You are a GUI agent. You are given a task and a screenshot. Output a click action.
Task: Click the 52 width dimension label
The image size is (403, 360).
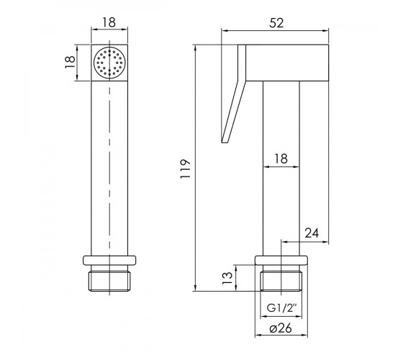[x=276, y=23]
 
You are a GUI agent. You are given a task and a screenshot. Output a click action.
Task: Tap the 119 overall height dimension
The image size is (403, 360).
[x=186, y=169]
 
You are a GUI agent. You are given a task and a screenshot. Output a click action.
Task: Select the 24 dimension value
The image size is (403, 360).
[x=312, y=233]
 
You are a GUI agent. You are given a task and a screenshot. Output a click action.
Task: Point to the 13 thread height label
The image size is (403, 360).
[x=227, y=278]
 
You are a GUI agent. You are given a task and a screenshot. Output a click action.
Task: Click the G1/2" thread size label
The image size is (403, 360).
[x=281, y=308]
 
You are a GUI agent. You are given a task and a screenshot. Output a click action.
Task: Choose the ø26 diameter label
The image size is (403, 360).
[x=281, y=328]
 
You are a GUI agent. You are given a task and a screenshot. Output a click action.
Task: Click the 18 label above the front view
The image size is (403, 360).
[x=109, y=22]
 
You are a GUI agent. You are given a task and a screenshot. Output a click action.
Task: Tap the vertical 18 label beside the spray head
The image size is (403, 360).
[x=70, y=62]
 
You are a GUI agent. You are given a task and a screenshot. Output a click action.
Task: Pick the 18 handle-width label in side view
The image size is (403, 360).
[x=281, y=158]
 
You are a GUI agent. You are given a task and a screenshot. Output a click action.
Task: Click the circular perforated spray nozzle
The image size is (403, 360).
[x=109, y=63]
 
